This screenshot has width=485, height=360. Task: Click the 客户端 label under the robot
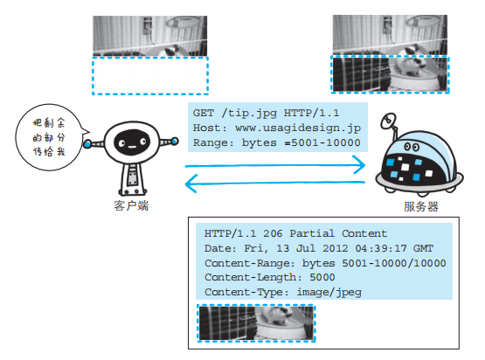click(x=130, y=206)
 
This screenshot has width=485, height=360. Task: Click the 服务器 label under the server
click(x=421, y=207)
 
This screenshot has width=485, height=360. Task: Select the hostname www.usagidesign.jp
click(x=297, y=127)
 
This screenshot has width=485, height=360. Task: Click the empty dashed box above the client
click(x=150, y=76)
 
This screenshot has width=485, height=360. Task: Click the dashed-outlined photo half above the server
click(x=390, y=77)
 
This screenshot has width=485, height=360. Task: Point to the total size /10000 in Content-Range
click(x=424, y=262)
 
